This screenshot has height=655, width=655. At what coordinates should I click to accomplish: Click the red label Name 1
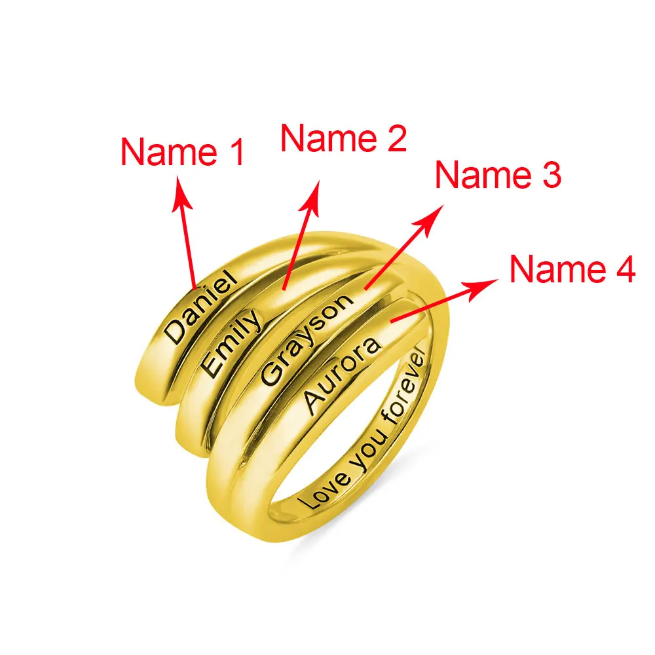click(183, 153)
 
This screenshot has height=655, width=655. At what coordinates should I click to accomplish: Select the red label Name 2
click(344, 139)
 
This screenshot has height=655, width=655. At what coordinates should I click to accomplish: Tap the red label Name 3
click(498, 176)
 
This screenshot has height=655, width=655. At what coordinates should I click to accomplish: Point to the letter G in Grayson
click(271, 374)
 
